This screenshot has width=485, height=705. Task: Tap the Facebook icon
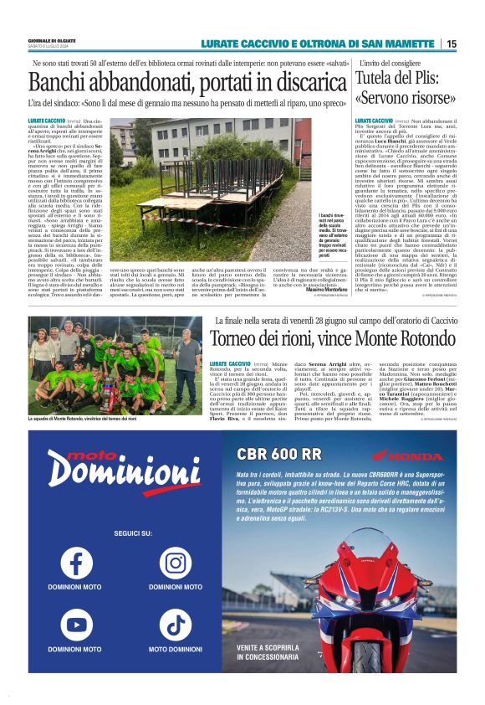coord(76,562)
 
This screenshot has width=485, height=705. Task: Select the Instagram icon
coord(176,562)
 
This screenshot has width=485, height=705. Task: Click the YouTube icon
coord(76,624)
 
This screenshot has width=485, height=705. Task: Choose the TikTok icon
coord(176,624)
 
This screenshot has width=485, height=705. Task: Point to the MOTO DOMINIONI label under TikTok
coord(176,649)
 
